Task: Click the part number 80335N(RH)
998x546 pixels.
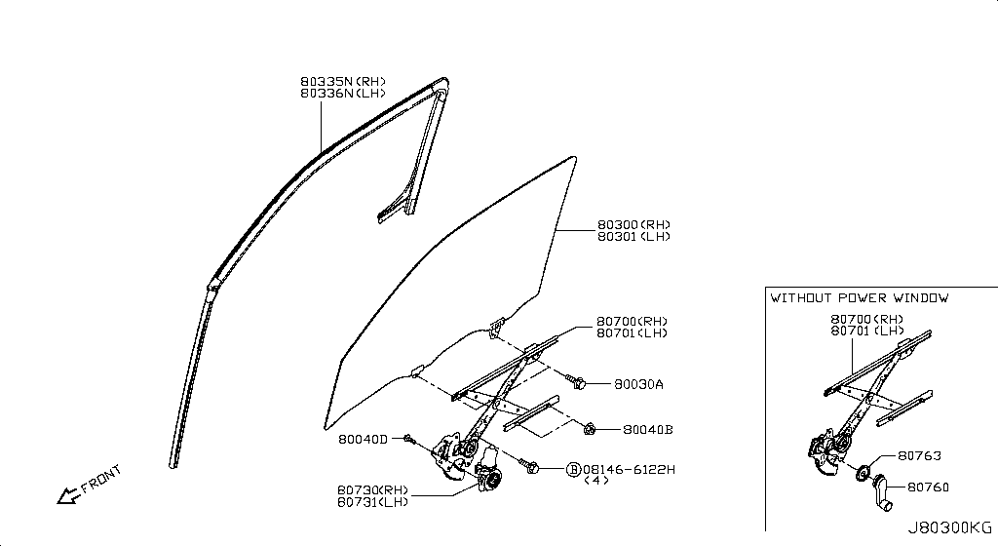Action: coord(342,81)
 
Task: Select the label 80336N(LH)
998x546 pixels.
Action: coord(342,94)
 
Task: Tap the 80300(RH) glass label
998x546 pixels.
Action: coord(633,224)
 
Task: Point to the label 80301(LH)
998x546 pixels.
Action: coord(633,237)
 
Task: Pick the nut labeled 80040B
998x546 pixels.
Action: coord(591,427)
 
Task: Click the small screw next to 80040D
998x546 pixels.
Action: coord(409,440)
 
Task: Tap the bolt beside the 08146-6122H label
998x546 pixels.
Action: coord(532,469)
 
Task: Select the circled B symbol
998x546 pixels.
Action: coord(573,469)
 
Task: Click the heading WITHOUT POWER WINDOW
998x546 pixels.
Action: coord(859,298)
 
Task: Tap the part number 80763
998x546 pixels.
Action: coord(919,456)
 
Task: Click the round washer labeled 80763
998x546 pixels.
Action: coord(862,473)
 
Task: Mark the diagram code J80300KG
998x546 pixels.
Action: coord(949,527)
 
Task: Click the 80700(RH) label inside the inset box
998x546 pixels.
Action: coord(866,320)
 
